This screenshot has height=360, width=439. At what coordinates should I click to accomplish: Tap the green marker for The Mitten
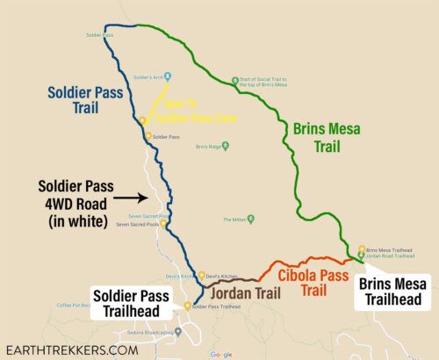pos(252,219)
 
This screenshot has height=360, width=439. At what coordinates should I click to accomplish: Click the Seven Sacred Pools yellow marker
pos(162,223)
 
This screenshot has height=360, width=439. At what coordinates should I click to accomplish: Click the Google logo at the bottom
pos(220,354)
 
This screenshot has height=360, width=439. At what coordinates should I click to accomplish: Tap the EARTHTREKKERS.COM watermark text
pos(71,349)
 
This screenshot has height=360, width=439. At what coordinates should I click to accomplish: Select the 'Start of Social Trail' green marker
pos(234,82)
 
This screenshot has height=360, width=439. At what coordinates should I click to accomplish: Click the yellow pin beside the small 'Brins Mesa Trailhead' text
pos(361,249)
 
